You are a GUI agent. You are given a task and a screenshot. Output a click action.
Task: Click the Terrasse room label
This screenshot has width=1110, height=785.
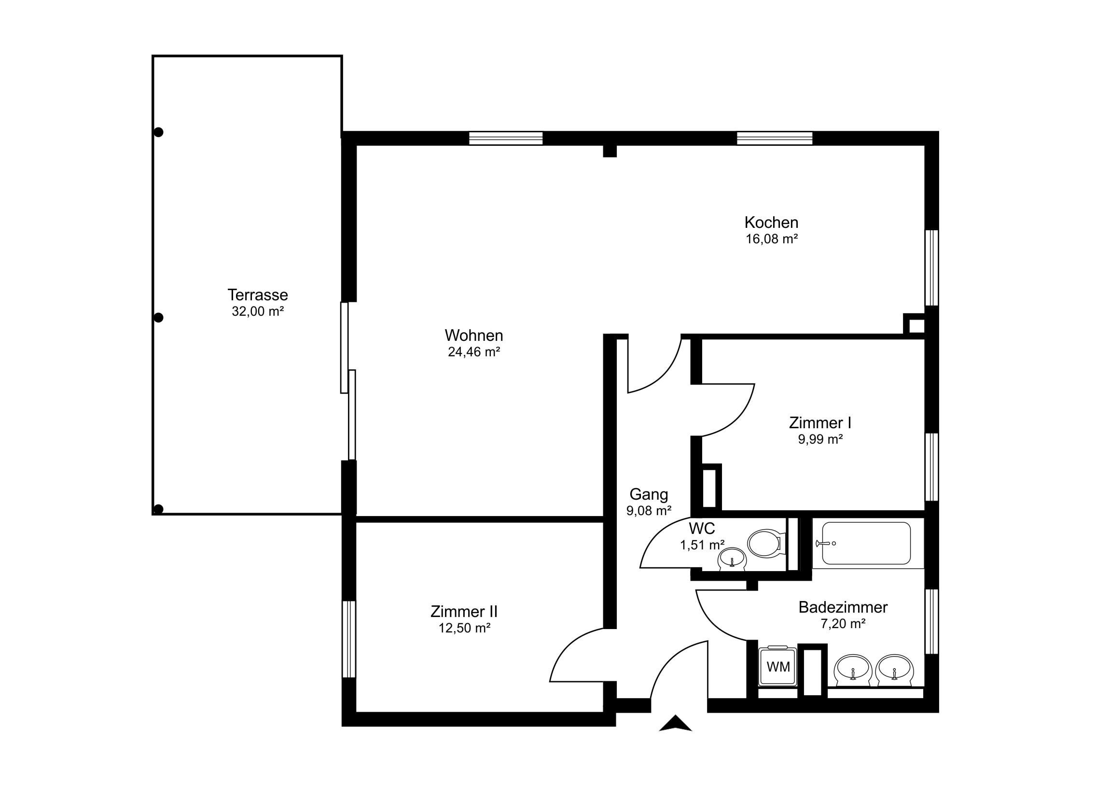tap(258, 294)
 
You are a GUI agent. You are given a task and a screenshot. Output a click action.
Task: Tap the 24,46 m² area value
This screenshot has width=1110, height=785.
tap(474, 352)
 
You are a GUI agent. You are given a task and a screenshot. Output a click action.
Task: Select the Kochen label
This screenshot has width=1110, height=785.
tap(771, 223)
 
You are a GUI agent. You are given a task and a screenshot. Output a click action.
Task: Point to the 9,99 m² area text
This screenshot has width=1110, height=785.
tap(820, 439)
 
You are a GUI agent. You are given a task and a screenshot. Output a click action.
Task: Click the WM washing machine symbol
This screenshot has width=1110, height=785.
tap(778, 667)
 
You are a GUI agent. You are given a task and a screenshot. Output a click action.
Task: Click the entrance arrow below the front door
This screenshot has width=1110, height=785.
tap(675, 723)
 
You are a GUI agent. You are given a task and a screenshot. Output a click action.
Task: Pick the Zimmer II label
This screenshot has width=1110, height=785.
tap(464, 611)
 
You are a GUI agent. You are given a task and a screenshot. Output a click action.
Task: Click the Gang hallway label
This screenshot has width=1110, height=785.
tap(649, 494)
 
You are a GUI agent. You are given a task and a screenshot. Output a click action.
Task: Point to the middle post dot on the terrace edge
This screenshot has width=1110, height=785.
tap(158, 318)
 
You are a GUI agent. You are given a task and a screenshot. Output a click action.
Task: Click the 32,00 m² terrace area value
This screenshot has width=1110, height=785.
tap(258, 311)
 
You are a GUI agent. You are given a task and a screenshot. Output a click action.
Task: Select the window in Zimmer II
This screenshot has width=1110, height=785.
tap(348, 639)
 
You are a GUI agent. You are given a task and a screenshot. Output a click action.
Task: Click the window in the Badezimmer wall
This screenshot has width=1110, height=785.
tap(931, 621)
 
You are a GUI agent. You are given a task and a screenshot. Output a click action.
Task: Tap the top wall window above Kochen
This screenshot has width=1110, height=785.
tap(775, 139)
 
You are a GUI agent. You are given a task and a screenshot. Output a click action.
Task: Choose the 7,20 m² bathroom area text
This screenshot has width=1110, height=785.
tap(843, 624)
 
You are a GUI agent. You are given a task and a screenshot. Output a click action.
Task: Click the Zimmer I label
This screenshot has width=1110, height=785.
tap(820, 423)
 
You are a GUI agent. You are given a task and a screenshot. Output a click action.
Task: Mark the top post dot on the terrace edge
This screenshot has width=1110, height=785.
tap(158, 132)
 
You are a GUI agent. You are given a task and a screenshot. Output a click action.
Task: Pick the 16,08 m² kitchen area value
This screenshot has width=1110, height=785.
tap(772, 239)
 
